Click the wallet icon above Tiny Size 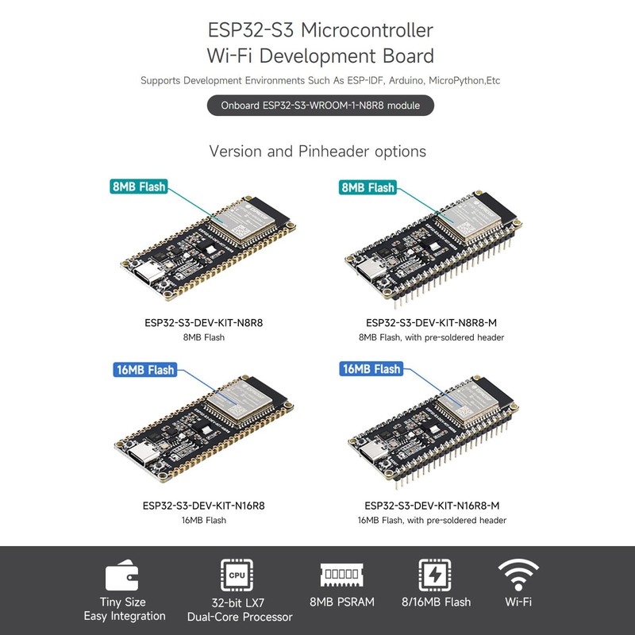124,575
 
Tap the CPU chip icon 235,575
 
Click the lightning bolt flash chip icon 436,575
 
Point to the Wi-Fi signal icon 518,573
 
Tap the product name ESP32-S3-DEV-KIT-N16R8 203,506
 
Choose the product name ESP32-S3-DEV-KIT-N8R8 203,323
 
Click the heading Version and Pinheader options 317,151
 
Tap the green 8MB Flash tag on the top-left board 140,187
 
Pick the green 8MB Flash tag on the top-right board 368,187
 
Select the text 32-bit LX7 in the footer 240,602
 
